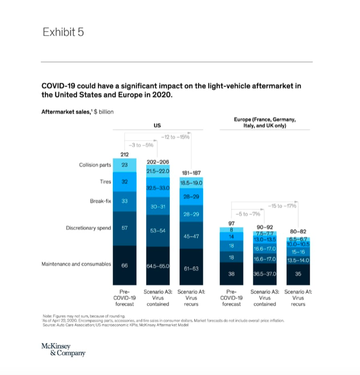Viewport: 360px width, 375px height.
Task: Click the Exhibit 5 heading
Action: click(63, 32)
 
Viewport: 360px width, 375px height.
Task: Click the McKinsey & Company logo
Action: click(63, 349)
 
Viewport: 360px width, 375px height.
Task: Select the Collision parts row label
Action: click(95, 164)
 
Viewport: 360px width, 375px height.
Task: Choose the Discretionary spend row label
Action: click(88, 228)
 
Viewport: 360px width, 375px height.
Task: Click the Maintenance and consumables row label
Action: click(76, 265)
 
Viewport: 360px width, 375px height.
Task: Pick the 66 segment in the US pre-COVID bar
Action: click(124, 265)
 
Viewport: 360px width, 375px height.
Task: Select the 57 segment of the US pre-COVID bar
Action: click(124, 228)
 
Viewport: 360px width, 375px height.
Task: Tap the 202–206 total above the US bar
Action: click(158, 162)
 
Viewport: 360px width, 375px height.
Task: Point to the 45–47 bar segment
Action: click(191, 237)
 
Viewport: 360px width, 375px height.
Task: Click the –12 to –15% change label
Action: click(177, 137)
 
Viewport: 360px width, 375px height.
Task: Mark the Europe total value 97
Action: click(231, 223)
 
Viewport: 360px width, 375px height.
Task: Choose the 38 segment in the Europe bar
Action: click(231, 274)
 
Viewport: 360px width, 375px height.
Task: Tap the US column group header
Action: click(157, 125)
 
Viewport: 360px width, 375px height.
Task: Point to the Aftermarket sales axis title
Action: click(78, 112)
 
